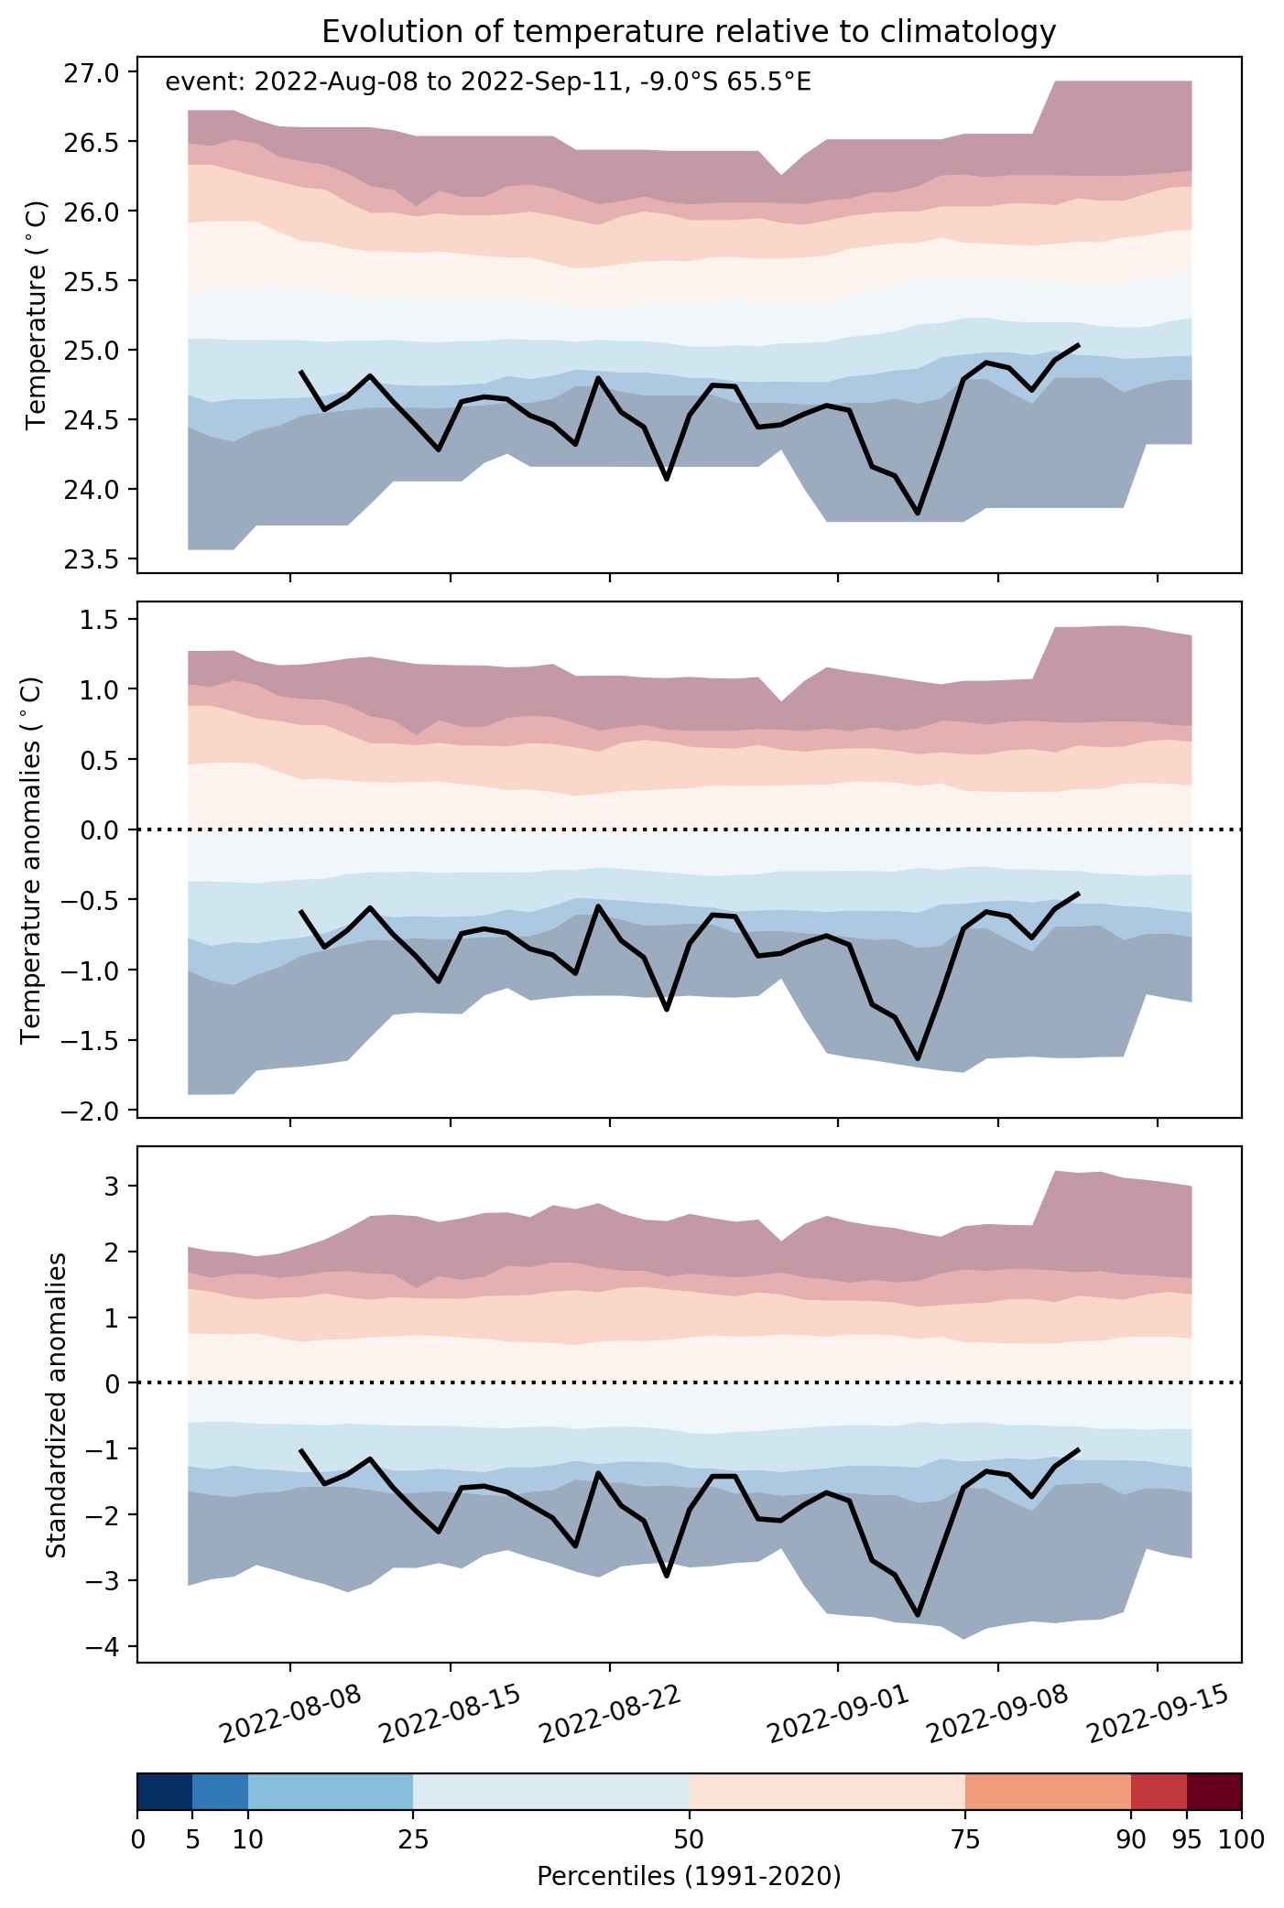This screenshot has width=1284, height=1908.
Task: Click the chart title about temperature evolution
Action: point(689,32)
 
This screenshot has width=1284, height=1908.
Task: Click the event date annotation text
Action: point(487,83)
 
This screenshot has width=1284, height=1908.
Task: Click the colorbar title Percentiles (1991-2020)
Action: point(689,1876)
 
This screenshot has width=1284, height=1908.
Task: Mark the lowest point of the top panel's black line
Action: point(918,514)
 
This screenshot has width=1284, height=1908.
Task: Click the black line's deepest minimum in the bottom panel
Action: point(918,1616)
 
